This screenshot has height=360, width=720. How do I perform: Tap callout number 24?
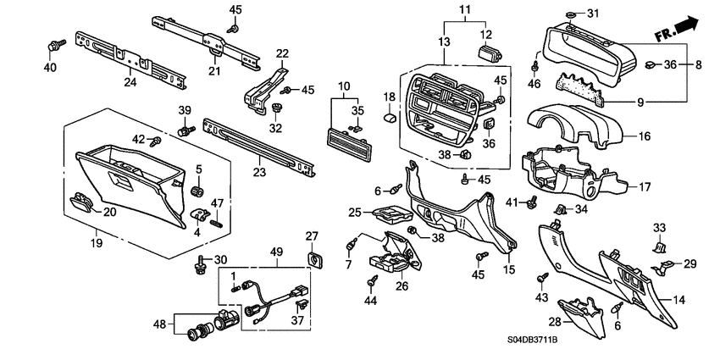pyautogui.click(x=130, y=83)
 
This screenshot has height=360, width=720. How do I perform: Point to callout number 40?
pyautogui.click(x=50, y=67)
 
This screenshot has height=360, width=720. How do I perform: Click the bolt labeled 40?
pyautogui.click(x=57, y=42)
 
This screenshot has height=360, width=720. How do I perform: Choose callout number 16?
pyautogui.click(x=644, y=136)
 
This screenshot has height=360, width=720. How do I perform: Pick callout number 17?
pyautogui.click(x=644, y=188)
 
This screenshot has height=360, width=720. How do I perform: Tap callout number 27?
pyautogui.click(x=311, y=235)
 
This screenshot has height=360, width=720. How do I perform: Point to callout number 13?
pyautogui.click(x=446, y=42)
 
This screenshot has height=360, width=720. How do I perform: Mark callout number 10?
pyautogui.click(x=344, y=86)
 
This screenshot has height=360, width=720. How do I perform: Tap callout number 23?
pyautogui.click(x=259, y=173)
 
